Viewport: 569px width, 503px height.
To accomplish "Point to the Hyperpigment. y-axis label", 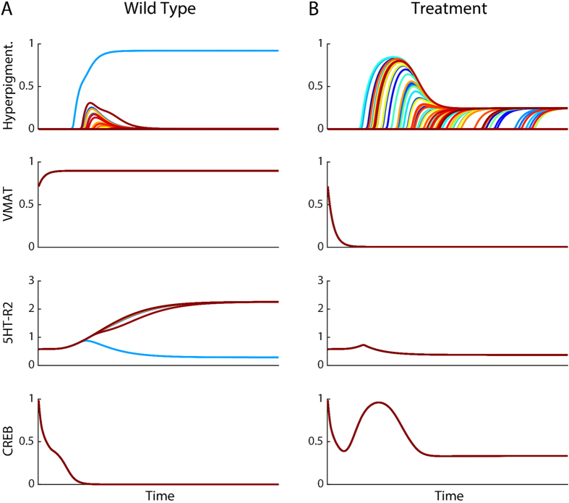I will pos(9,85).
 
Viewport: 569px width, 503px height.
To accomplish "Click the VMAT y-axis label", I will pos(9,204).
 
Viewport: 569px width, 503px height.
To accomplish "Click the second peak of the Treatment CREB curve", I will pos(379,402).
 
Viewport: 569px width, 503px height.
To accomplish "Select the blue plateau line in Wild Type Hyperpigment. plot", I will pos(202,51).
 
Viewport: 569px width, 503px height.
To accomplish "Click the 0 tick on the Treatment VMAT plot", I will pos(319,247).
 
